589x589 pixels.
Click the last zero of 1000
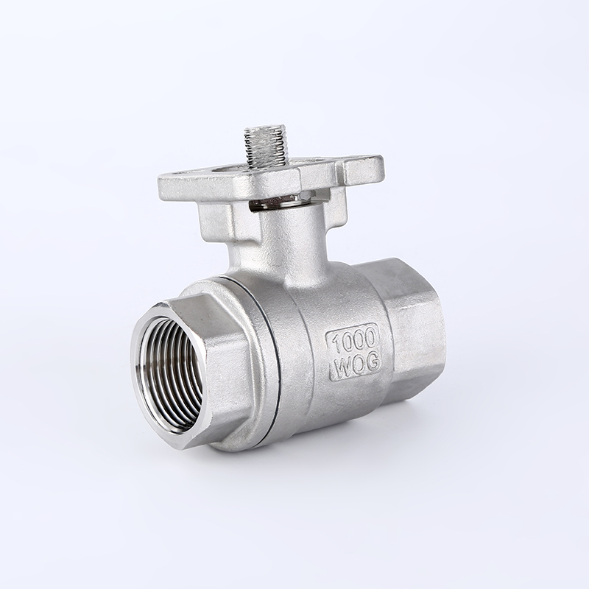coord(370,337)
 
